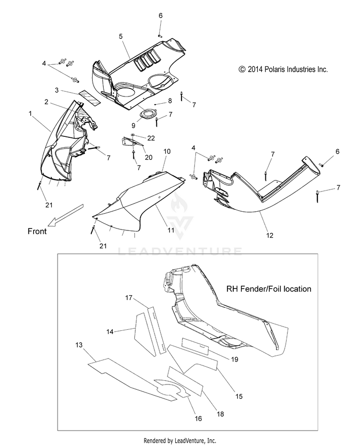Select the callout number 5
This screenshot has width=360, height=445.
tap(120, 36)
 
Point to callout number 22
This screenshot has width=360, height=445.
tap(151, 138)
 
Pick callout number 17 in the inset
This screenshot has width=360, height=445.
tap(129, 298)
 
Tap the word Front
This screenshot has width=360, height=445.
tap(36, 231)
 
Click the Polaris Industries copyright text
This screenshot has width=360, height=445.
tap(283, 70)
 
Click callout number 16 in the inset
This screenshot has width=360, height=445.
tap(198, 419)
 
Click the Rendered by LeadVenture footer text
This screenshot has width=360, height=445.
tap(180, 440)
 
